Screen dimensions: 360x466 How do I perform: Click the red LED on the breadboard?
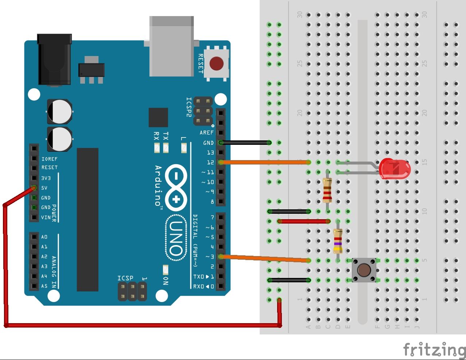[x=395, y=169]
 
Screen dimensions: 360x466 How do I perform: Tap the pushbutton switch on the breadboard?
[x=364, y=270]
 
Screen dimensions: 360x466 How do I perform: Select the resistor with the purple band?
[x=338, y=241]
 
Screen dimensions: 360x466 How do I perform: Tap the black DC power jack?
[x=54, y=60]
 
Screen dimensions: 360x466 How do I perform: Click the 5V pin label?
[x=44, y=188]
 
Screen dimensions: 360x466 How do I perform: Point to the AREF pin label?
[x=206, y=133]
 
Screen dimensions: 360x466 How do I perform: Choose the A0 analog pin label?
[x=44, y=237]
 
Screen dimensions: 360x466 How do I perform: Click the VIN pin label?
[x=46, y=217]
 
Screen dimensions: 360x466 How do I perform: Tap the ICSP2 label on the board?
[x=189, y=107]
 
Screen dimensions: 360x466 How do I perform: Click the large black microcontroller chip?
[x=88, y=219]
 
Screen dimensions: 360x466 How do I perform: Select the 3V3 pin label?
[x=46, y=178]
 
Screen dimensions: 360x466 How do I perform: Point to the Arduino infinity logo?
[x=176, y=187]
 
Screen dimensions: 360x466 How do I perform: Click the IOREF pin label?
[x=49, y=159]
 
